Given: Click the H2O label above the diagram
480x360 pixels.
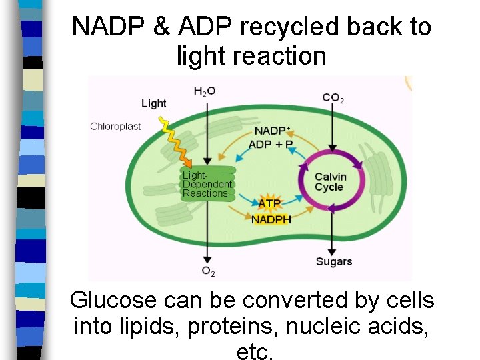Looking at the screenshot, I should pos(204,91).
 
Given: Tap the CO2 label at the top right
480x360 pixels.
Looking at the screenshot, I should pos(333,98).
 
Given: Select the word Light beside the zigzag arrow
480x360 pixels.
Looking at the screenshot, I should pos(154,103).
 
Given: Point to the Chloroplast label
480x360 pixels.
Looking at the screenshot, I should pos(115,126).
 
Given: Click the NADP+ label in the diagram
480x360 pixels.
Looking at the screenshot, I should pos(271,131).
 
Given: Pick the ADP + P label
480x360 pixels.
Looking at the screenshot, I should pos(271,144).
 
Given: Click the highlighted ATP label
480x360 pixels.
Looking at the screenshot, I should pos(269,203).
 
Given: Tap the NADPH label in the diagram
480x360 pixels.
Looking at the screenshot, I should pos(271,219).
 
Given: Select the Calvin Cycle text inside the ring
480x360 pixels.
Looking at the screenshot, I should pos(330,181).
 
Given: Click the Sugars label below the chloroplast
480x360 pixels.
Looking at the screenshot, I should pos(333,261).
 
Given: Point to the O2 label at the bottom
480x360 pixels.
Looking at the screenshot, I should pos(208,271).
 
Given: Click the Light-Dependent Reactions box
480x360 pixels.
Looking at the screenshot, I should pos(207,184).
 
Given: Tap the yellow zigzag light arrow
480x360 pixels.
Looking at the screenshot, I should pos(175,141).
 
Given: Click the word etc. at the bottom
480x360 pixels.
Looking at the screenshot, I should pos(255,352).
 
